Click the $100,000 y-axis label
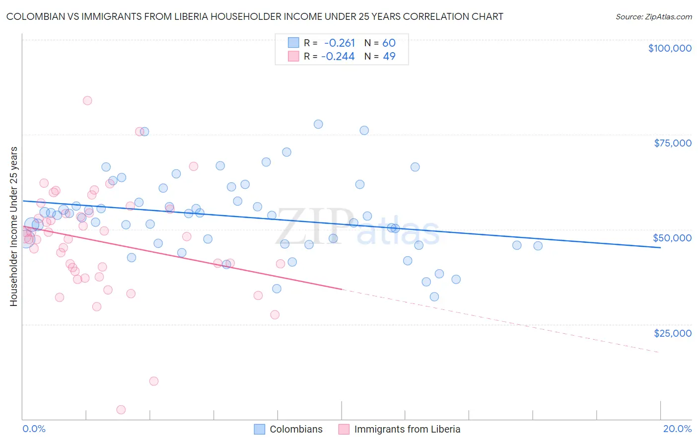coord(670,48)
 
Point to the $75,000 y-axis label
coord(673,143)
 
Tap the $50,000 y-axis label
coord(672,238)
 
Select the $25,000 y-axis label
coord(672,333)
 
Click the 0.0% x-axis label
coord(34,429)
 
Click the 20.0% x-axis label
coord(677,429)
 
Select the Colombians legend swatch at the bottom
coord(260,429)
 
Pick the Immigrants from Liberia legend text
coord(407,429)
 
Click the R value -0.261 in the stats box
coord(340,43)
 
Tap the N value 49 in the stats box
coord(389,57)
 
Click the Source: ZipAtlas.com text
coord(653,17)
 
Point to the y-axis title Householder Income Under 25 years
coord(14,226)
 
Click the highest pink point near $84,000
coord(87,100)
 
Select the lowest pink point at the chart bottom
coord(121,410)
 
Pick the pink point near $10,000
coord(154,381)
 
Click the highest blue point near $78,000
coord(318,124)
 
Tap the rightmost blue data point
coord(538,246)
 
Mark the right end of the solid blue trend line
coord(660,247)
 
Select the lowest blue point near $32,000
coord(434,297)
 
